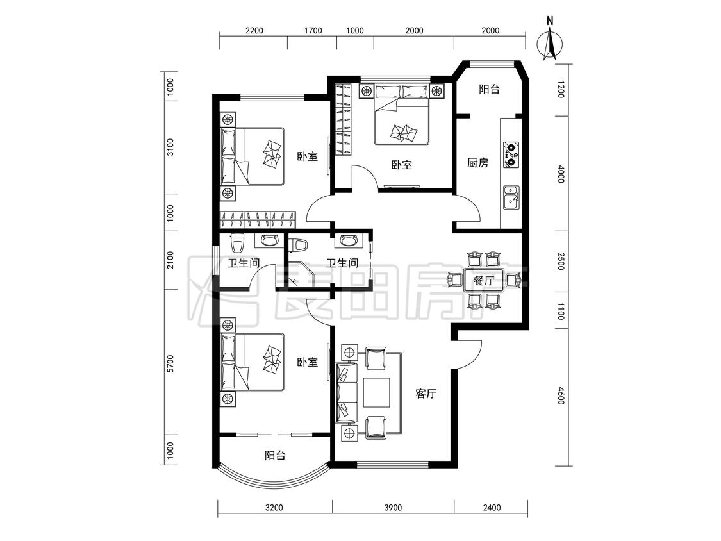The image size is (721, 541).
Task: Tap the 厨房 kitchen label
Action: point(477,163)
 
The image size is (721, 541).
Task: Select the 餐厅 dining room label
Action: point(483,280)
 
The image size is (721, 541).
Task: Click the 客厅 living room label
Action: point(426,394)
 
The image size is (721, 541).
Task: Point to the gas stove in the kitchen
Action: point(511,154)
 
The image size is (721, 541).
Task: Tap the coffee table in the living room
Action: point(377,392)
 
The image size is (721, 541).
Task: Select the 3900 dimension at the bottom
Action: point(393,508)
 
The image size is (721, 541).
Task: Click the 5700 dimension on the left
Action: point(170,363)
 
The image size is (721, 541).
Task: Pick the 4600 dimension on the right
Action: point(561,395)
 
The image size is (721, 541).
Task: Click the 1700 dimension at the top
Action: point(313,31)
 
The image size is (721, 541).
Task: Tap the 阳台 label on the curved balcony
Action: point(275,456)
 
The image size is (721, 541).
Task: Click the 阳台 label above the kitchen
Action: point(489,89)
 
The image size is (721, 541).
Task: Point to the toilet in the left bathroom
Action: point(236,244)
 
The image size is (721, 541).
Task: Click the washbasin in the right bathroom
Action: point(346,240)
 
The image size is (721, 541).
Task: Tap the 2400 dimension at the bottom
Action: point(492,508)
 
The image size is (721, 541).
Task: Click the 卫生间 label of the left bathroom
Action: point(244,263)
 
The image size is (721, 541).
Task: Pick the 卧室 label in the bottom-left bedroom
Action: point(307,363)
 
